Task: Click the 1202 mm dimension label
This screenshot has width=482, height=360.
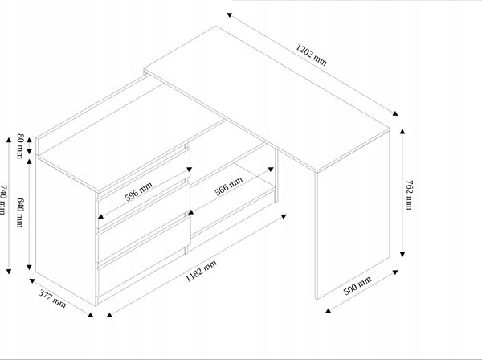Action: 311,55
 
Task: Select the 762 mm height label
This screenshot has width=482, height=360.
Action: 410,195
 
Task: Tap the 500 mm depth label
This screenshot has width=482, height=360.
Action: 357,285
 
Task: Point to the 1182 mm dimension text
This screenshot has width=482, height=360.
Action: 202,271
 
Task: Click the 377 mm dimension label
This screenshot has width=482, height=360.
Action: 52,298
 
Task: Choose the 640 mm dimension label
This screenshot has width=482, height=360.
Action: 20,212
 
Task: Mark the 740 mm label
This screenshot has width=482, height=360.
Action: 2,200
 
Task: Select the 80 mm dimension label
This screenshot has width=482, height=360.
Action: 20,146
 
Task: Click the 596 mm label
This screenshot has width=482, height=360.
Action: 138,191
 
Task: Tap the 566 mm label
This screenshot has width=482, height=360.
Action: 229,186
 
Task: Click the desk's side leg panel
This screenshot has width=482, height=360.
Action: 353,215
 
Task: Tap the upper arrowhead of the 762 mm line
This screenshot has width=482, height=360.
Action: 402,132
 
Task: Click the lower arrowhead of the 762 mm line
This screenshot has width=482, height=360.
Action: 402,254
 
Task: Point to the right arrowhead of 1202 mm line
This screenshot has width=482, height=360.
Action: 395,113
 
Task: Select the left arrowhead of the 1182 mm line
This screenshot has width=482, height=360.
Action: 109,314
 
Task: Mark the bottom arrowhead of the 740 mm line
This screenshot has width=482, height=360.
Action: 9,271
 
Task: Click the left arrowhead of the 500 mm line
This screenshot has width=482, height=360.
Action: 328,310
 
